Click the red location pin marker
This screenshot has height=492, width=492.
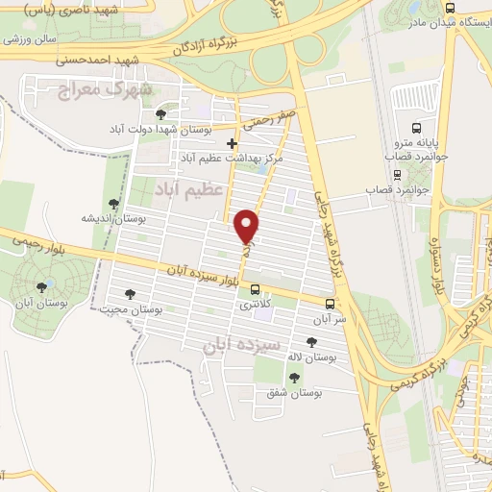point(248,226)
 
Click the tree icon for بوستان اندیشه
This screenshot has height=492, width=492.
point(114,203)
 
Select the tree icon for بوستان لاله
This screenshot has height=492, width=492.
point(309,341)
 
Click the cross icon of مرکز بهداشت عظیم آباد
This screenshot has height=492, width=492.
point(232,143)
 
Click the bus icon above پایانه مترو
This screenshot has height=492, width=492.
point(416,128)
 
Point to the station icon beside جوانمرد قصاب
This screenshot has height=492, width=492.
point(397,176)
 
